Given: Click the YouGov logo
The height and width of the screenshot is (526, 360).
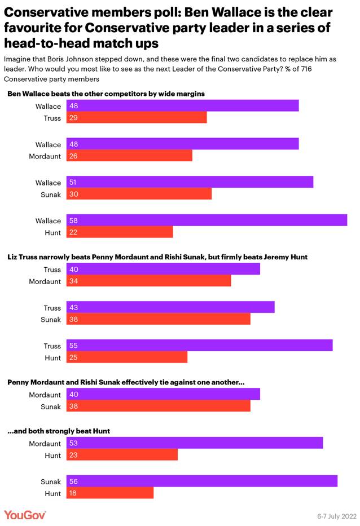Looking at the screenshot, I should (x=25, y=515).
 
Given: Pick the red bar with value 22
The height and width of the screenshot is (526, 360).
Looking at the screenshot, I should (x=120, y=232).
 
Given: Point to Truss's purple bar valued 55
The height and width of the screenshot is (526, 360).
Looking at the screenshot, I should (x=199, y=346).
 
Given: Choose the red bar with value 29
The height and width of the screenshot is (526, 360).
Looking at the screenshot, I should (x=137, y=118).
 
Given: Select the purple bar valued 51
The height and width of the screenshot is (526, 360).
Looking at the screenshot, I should (x=190, y=183).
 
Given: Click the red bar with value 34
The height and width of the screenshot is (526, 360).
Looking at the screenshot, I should (x=148, y=281).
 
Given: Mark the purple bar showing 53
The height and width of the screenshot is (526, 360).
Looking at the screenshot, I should (x=195, y=444).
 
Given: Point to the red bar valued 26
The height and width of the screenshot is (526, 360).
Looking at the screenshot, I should (x=129, y=156).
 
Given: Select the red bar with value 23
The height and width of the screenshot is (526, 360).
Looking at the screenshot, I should (x=122, y=455).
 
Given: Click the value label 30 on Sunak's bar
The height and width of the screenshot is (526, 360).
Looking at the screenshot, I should (x=73, y=194).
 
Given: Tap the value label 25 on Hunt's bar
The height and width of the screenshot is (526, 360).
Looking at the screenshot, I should (x=73, y=357).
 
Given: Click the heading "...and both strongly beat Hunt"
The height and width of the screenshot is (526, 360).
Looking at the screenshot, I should (x=58, y=431).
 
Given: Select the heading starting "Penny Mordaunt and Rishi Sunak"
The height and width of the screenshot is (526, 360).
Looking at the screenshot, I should (x=125, y=382).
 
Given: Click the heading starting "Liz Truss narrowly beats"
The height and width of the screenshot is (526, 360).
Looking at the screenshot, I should (x=157, y=257).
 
